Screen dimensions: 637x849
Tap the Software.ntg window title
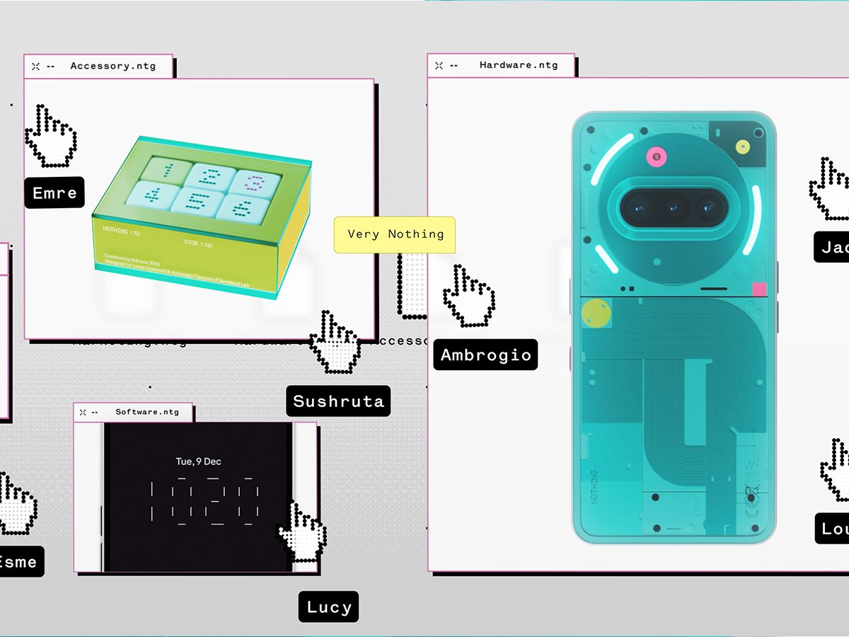tap(147, 412)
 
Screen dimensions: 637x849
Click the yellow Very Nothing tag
tap(395, 234)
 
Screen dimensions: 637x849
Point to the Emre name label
tap(54, 193)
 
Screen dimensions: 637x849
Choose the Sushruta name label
tap(338, 401)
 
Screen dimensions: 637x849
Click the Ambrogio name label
tap(485, 355)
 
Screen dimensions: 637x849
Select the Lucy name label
tap(329, 607)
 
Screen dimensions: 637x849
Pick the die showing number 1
tap(168, 171)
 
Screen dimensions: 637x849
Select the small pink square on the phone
tap(759, 289)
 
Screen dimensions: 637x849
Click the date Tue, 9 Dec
tap(198, 461)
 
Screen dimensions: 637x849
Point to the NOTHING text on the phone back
tap(593, 486)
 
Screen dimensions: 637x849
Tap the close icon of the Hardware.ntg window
tap(439, 65)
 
